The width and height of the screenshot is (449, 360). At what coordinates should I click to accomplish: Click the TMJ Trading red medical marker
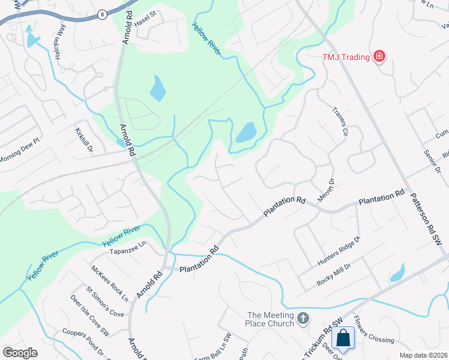379,56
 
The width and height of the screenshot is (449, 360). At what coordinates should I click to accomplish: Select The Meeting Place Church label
271,320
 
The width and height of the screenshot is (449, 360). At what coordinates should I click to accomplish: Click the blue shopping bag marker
343,338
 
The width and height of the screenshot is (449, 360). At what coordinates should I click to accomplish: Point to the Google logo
20,353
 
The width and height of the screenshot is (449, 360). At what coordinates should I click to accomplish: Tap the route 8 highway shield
103,13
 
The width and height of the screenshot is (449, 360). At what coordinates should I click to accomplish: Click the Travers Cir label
340,122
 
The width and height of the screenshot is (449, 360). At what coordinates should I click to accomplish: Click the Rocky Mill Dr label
339,271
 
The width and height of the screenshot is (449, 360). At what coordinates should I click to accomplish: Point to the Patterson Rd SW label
426,217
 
